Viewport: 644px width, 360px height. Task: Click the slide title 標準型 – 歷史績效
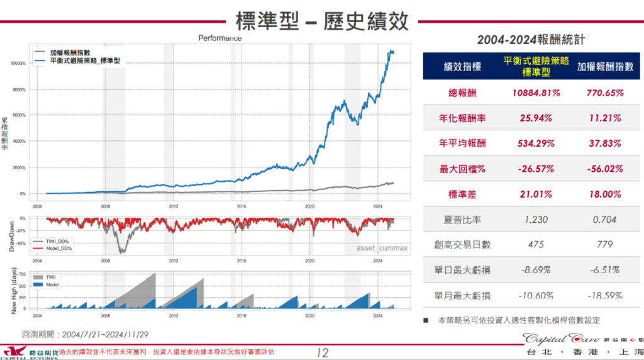click(322, 20)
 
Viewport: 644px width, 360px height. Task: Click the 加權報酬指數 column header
click(605, 67)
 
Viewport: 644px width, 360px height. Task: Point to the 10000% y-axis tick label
click(16, 64)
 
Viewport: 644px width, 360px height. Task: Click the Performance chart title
click(220, 38)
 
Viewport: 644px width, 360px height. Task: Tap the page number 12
click(323, 352)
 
